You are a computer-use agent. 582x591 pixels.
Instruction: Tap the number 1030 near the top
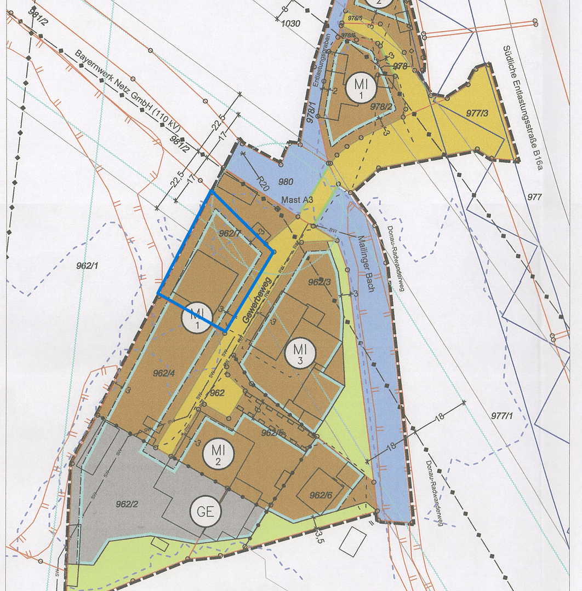[x=290, y=24]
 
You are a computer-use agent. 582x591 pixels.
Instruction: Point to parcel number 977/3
[x=477, y=113]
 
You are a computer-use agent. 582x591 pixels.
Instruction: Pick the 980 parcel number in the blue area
[x=286, y=182]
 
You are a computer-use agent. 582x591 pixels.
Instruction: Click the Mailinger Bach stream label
[x=364, y=263]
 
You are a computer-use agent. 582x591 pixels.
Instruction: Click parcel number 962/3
[x=319, y=282]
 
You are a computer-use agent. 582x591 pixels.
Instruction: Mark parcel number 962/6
[x=320, y=495]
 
